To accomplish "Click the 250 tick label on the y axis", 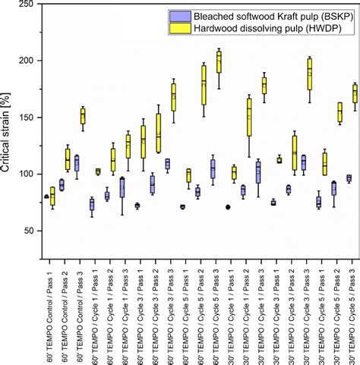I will [27, 5].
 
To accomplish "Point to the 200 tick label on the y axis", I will [27, 61].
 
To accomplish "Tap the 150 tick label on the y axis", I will [27, 118].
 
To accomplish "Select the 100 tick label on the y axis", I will [27, 174].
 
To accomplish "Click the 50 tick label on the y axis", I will [29, 230].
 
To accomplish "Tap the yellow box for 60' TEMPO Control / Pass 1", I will [52, 196].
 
